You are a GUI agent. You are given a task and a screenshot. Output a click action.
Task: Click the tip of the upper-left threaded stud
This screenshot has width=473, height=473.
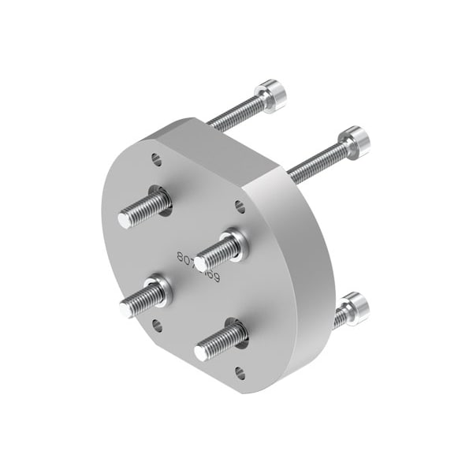coord(125,218)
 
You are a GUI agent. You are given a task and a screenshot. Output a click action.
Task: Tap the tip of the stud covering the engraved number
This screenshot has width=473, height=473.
coord(202,262)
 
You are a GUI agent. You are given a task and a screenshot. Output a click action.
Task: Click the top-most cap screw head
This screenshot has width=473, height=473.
coord(272,95)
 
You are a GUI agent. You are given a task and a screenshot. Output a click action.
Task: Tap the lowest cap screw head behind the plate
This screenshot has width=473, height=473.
coord(353,306)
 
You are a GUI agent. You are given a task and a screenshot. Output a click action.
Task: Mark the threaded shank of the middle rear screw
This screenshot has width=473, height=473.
coord(315,162)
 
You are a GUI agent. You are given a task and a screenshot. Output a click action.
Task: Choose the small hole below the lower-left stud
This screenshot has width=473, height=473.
coord(157,325)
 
